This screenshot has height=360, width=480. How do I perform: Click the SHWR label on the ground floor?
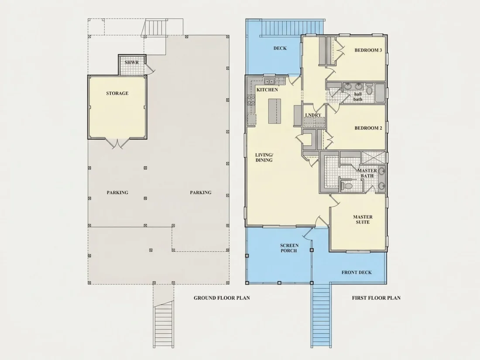tap(132, 62)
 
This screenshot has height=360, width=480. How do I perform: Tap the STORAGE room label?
tap(117, 93)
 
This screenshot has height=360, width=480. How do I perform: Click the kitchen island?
tap(274, 111)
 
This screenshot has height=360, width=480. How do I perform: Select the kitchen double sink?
tap(269, 82)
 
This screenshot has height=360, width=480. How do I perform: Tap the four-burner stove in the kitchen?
tap(251, 100)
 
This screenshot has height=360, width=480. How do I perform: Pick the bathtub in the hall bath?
tap(380, 93)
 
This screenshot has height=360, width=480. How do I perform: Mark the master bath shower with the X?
tap(373, 158)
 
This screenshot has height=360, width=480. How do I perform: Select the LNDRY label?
tap(313, 115)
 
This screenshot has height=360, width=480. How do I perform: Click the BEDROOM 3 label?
tap(368, 50)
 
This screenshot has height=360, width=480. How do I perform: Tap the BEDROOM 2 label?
tap(368, 128)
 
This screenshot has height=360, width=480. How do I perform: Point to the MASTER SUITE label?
tap(363, 219)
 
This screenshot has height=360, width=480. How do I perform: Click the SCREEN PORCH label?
tap(289, 248)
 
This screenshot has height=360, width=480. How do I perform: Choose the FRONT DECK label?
tap(357, 272)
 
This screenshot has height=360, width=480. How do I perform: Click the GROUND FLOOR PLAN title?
tap(222, 298)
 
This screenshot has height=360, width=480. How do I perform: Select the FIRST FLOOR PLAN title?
tap(376, 298)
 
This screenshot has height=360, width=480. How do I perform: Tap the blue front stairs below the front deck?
tap(321, 316)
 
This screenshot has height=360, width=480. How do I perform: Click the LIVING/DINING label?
tap(264, 158)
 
